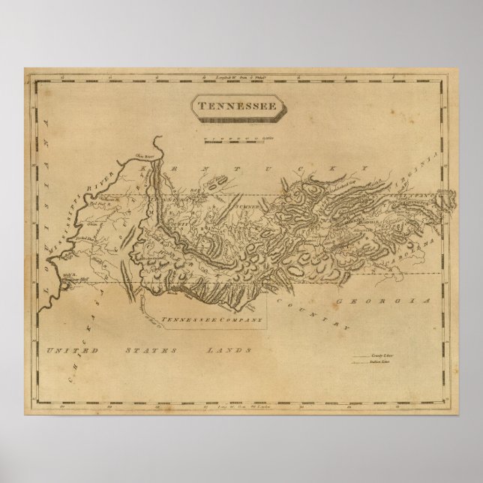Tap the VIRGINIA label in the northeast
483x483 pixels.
[x=429, y=170]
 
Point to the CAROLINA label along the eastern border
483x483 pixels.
[x=424, y=248]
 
